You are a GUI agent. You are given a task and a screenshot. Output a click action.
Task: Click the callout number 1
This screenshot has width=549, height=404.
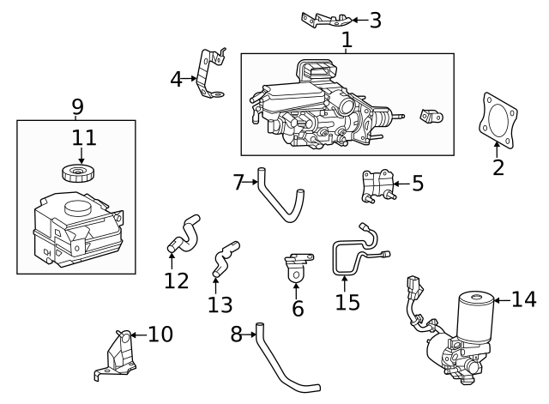pyautogui.click(x=347, y=39)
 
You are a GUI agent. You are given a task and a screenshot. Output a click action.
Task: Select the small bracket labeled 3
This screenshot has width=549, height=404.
pyautogui.click(x=327, y=19)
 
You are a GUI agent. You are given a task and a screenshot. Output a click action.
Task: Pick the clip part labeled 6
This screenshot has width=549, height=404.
pyautogui.click(x=296, y=267)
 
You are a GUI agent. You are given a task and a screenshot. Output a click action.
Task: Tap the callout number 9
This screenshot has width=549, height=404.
pyautogui.click(x=77, y=107)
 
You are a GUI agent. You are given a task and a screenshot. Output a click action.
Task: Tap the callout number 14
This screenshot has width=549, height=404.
pyautogui.click(x=523, y=299)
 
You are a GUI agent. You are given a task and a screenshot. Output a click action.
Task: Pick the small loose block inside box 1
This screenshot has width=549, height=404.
pyautogui.click(x=430, y=117)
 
